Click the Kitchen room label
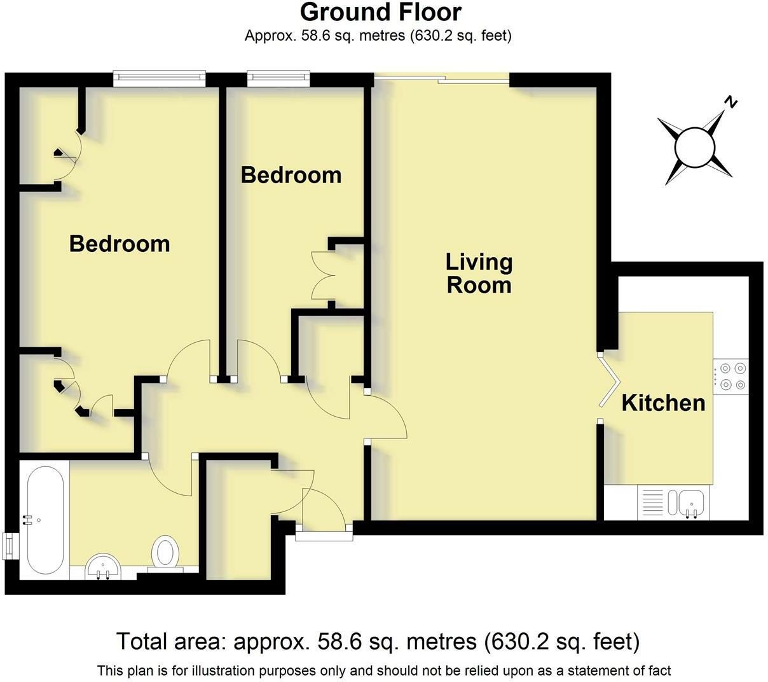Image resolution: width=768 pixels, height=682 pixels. click(663, 403)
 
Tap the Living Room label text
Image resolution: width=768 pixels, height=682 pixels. click(479, 274)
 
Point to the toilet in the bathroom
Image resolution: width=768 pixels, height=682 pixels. click(165, 553)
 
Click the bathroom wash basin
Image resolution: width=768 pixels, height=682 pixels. click(103, 567)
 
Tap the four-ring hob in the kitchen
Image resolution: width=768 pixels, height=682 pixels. click(730, 377)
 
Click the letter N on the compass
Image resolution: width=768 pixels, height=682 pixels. click(730, 102)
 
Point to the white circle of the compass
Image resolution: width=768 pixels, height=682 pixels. click(695, 147)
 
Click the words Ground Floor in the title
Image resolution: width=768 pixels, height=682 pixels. click(381, 13)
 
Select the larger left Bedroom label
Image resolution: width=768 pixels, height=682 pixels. click(120, 244)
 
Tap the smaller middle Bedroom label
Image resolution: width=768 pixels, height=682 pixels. click(291, 175)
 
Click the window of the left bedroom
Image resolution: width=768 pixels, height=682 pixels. click(159, 78)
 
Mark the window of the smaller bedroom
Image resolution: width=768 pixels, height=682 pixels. click(278, 78)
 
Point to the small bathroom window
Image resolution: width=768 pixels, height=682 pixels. click(11, 546)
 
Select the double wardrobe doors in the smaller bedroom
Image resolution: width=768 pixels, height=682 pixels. click(322, 275)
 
